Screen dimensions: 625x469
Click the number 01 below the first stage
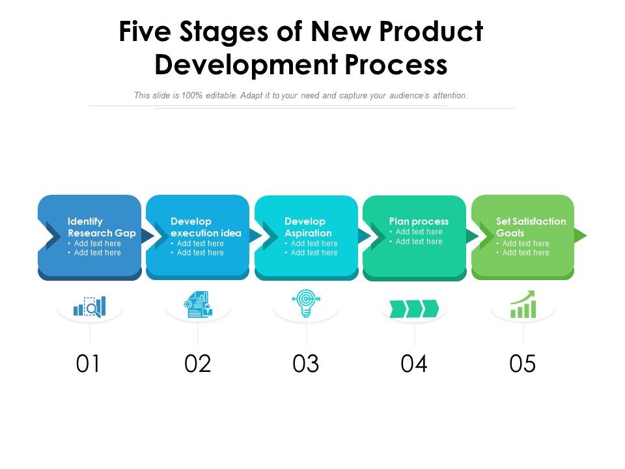(x=88, y=363)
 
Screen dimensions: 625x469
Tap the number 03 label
(x=306, y=363)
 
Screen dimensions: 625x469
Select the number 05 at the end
(x=522, y=363)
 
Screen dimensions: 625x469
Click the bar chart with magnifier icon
(x=90, y=306)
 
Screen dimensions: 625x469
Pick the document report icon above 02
(x=198, y=304)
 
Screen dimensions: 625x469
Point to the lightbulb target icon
(x=306, y=303)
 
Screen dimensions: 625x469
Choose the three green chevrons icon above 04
(x=414, y=308)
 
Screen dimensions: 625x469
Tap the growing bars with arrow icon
(x=523, y=304)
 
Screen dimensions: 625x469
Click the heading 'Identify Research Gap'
(x=102, y=227)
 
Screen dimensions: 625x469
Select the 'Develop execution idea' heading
(x=206, y=227)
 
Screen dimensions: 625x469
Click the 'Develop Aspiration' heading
(x=308, y=227)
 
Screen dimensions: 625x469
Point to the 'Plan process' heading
(x=419, y=221)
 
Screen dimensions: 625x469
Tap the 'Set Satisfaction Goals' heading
(x=531, y=227)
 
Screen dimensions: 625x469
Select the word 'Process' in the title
(x=396, y=64)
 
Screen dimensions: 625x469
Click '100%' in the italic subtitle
(x=192, y=95)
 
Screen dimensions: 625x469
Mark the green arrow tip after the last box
(x=587, y=235)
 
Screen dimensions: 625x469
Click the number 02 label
(x=197, y=363)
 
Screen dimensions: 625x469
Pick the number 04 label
(x=414, y=363)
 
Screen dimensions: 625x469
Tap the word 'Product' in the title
(x=431, y=31)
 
